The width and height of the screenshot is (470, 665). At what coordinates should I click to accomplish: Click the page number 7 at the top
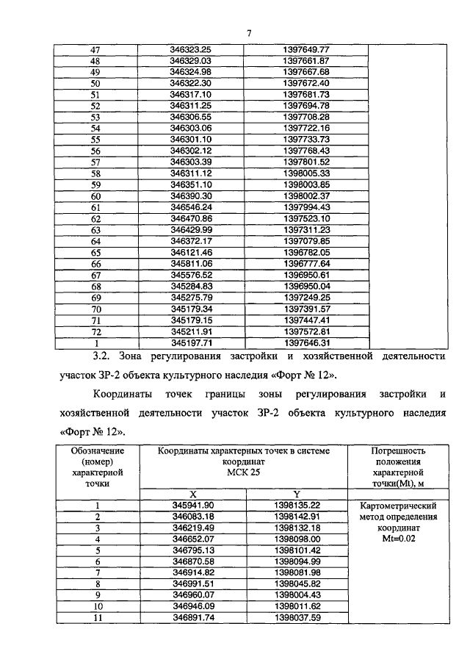[249, 33]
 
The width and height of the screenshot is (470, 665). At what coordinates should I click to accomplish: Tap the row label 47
[95, 49]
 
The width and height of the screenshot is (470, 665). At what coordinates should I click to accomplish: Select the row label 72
[95, 331]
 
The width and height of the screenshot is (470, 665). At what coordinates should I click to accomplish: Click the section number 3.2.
[95, 356]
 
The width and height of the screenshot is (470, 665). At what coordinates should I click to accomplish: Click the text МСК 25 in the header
[249, 472]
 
